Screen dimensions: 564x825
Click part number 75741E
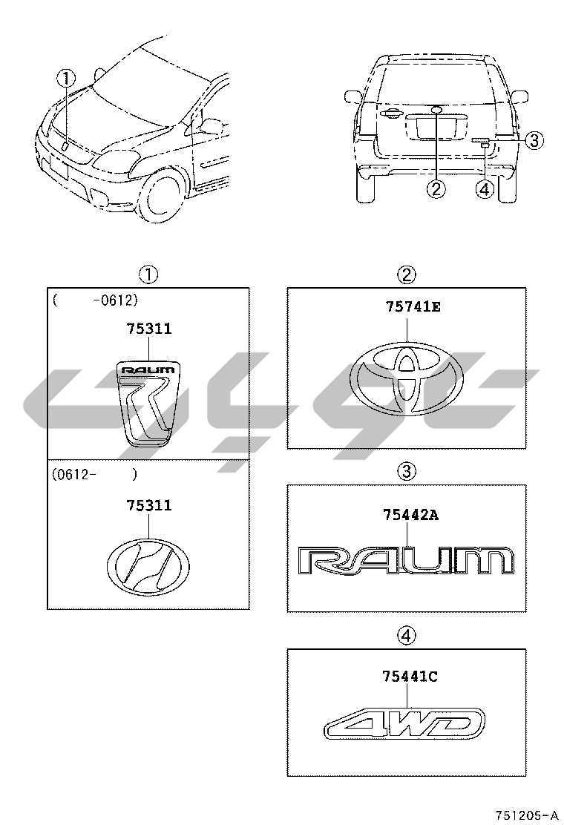pos(413,306)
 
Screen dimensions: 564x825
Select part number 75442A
pos(411,515)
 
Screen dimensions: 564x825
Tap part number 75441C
pos(410,676)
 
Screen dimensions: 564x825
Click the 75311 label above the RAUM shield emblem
pos(149,329)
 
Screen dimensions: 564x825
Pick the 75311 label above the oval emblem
pos(149,506)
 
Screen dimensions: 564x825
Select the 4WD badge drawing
pos(404,721)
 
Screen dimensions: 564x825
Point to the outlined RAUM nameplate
pos(406,561)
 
